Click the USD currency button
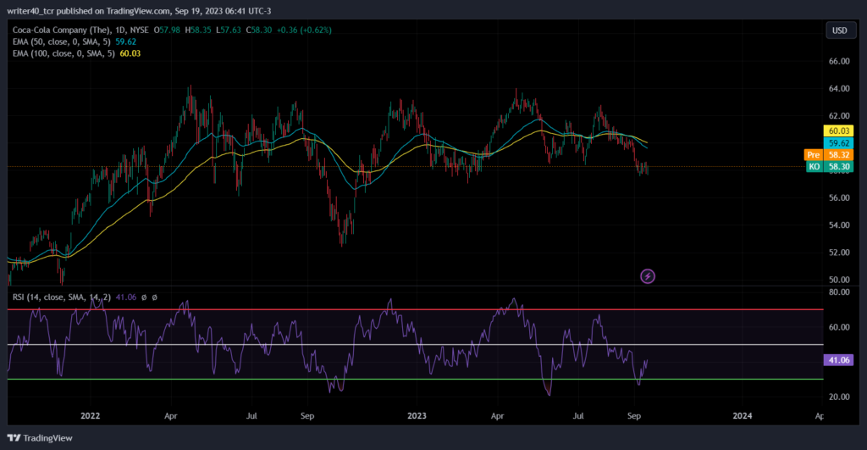point(839,31)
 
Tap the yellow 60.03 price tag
point(838,131)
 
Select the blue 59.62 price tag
point(838,143)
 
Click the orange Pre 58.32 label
point(828,155)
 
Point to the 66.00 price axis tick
point(839,61)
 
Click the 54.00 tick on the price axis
point(839,225)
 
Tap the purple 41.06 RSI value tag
point(838,360)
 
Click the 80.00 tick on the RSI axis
point(839,292)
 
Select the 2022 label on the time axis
point(90,416)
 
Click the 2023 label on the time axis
point(417,416)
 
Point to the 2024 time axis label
point(743,416)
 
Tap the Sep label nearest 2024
point(634,416)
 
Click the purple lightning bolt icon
point(648,276)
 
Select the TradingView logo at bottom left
point(40,438)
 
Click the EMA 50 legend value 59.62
point(125,42)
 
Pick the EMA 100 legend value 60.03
point(130,53)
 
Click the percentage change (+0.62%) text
point(316,30)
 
